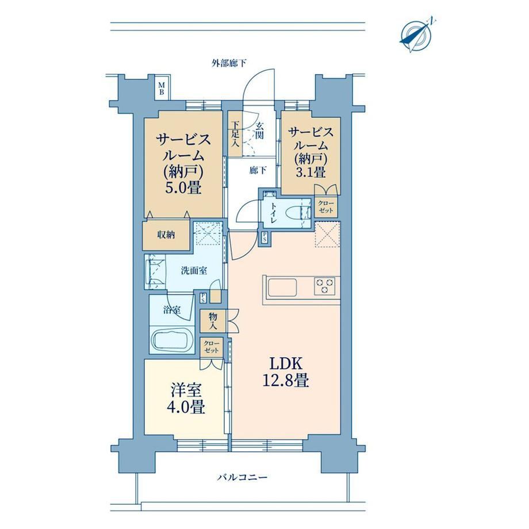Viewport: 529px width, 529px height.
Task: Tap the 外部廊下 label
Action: click(x=229, y=63)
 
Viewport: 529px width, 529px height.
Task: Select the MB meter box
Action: click(x=162, y=88)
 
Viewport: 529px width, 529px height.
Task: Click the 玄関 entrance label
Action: click(x=259, y=131)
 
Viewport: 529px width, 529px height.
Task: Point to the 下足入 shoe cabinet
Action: click(x=235, y=134)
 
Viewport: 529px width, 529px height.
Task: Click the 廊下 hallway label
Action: click(x=258, y=171)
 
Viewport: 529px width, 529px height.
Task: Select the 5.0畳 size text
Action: click(x=183, y=187)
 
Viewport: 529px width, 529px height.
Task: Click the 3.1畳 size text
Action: click(x=310, y=172)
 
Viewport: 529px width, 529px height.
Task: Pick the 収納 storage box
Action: click(x=166, y=235)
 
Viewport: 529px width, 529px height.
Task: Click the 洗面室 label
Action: click(x=194, y=271)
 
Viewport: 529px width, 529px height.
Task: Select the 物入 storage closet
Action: click(x=213, y=321)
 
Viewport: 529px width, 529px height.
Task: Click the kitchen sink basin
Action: click(x=282, y=287)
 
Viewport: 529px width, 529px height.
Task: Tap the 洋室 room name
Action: click(x=186, y=390)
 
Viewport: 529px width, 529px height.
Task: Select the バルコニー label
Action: click(x=242, y=477)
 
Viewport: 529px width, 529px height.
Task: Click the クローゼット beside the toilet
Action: click(x=326, y=207)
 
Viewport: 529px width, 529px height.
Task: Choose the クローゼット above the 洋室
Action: click(x=211, y=347)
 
